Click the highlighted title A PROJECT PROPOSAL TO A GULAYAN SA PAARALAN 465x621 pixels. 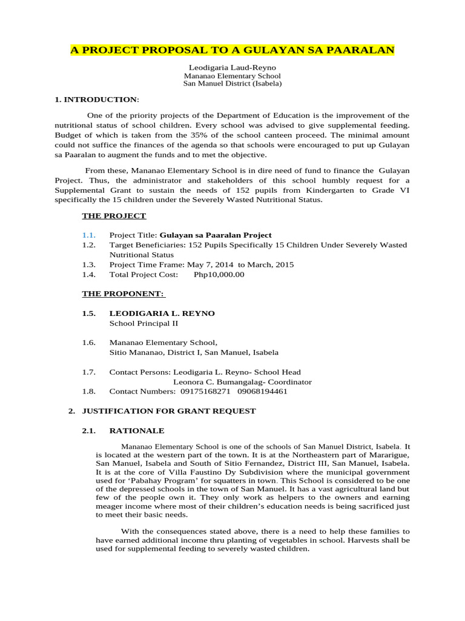(232, 50)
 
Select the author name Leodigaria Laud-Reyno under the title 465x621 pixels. (232, 68)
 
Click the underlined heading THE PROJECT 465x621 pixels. (114, 216)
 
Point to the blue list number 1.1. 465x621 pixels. (89, 235)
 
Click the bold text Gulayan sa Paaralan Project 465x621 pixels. (215, 235)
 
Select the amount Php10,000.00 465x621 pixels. (219, 275)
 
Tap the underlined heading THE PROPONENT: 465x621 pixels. (124, 294)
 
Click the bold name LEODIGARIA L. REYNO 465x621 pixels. (162, 314)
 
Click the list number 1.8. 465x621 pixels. (89, 392)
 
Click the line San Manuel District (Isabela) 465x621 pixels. (232, 84)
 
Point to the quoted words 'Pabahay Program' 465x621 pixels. (151, 480)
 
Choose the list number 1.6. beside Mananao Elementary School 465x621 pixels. (89, 343)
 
